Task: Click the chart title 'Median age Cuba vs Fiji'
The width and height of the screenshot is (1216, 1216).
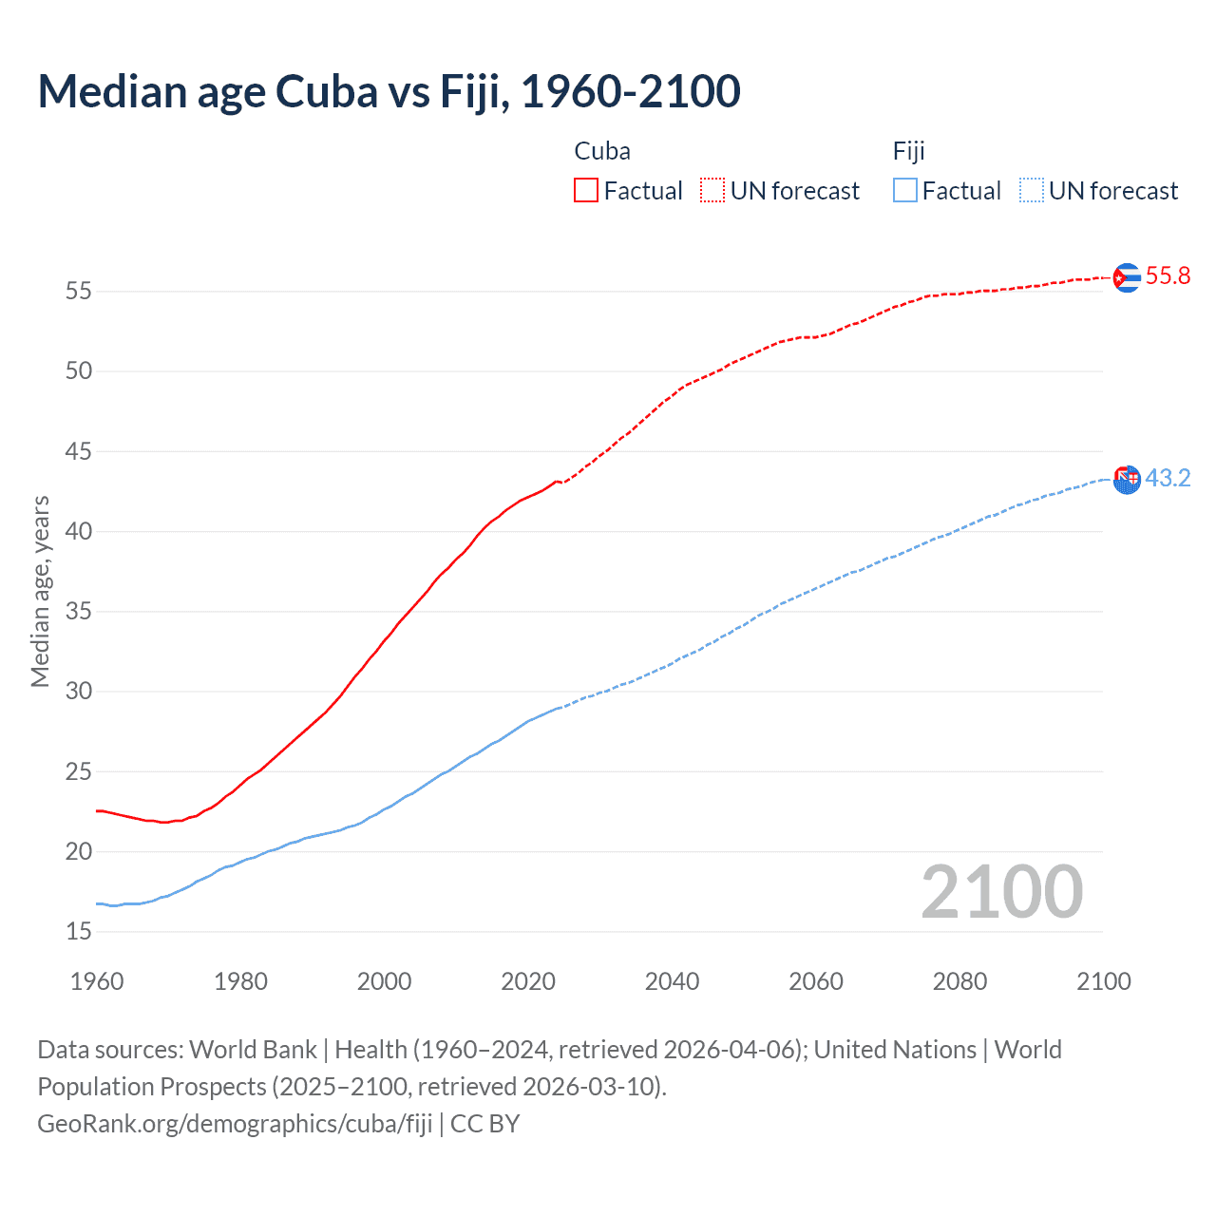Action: [389, 91]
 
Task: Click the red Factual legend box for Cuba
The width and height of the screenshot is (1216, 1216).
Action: [586, 191]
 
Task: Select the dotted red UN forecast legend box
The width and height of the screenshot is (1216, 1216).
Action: [712, 191]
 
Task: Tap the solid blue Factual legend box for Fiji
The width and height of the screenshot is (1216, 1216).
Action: [904, 191]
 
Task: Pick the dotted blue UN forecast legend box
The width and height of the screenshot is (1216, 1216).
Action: [1031, 191]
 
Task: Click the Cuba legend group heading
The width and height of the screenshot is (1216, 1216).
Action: [602, 151]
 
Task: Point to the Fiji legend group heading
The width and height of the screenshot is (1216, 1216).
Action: [908, 151]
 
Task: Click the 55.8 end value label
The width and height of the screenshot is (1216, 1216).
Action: [1168, 276]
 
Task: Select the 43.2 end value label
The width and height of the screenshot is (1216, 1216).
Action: [1168, 478]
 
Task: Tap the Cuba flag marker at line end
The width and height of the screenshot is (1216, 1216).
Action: [1127, 277]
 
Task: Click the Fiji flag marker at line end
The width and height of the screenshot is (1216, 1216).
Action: [1127, 480]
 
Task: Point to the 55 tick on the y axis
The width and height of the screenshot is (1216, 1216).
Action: [79, 291]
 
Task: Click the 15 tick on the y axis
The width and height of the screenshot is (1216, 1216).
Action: [79, 931]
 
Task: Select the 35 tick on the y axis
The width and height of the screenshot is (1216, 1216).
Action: [79, 611]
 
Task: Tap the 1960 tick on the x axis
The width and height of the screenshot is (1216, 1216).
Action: [97, 981]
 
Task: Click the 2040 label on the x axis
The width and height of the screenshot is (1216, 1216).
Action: [672, 981]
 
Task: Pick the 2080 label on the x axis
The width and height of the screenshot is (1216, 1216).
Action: [959, 981]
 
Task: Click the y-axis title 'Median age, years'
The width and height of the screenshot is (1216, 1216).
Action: [40, 591]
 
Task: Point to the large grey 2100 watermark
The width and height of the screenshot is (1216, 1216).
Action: [1001, 892]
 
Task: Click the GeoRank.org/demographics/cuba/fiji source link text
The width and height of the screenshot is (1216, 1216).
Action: [235, 1124]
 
